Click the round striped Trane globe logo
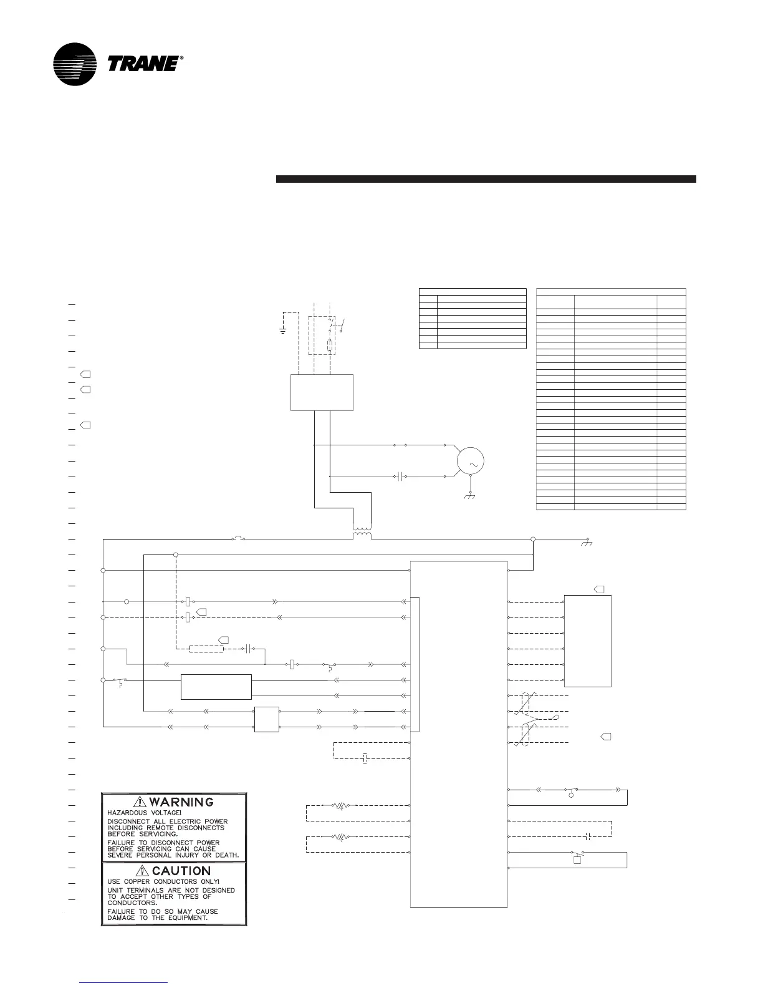[x=75, y=64]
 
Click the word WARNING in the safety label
[x=181, y=802]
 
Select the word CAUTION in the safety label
[x=181, y=871]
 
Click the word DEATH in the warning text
[x=226, y=855]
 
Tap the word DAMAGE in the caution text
[x=123, y=919]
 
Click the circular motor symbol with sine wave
[x=471, y=462]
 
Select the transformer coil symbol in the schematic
[x=362, y=535]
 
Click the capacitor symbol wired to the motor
[x=401, y=478]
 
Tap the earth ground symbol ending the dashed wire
[x=283, y=331]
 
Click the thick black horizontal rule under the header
[x=486, y=180]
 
